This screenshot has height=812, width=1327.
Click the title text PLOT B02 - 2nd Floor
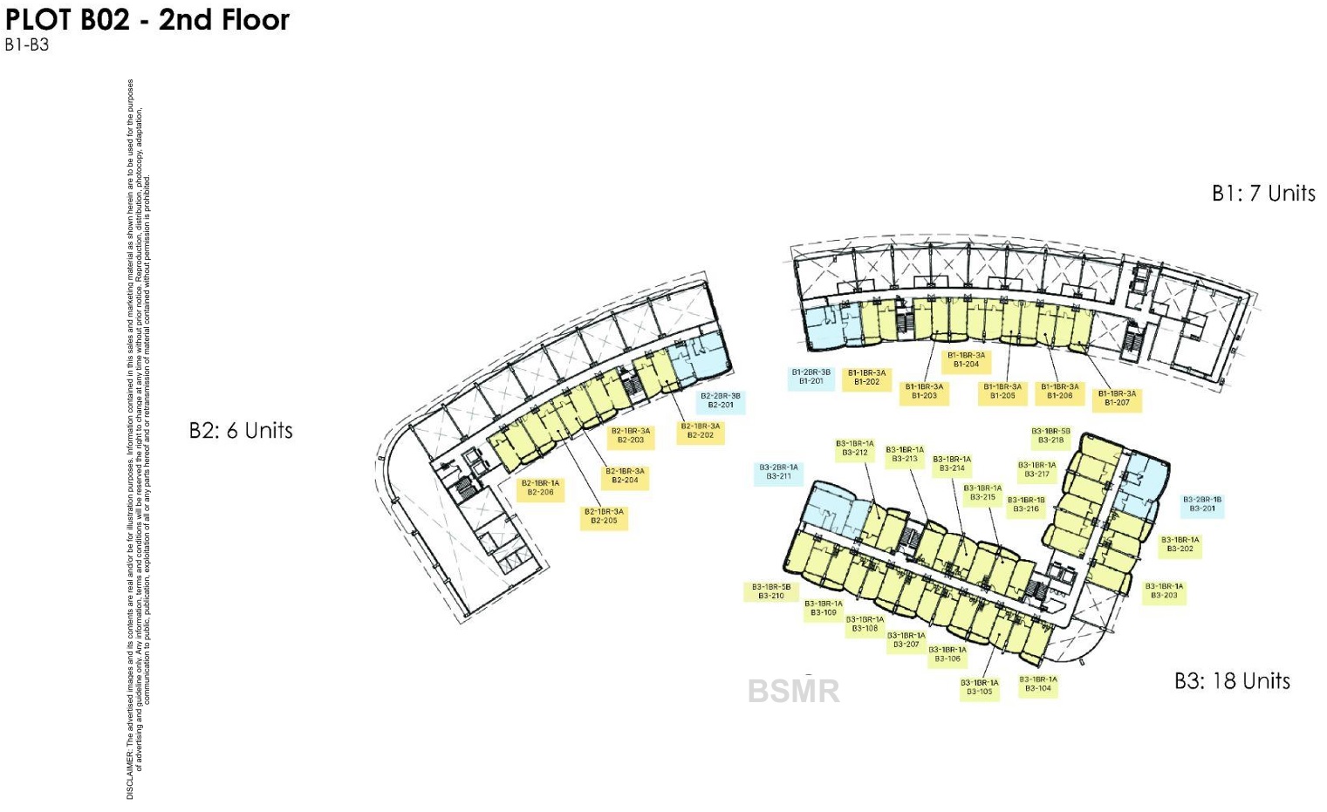pos(147,20)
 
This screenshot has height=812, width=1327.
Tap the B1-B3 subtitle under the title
pos(27,45)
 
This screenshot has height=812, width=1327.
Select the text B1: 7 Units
pos(1262,194)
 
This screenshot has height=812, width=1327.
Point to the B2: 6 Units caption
pos(241,431)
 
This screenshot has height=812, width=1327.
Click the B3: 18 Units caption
pos(1232,681)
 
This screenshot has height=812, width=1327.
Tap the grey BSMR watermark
pos(793,692)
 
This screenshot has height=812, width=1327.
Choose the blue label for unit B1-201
pos(811,377)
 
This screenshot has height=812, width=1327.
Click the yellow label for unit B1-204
pos(966,360)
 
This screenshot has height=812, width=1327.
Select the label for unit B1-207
pos(1117,399)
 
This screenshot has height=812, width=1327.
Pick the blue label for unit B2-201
pos(721,400)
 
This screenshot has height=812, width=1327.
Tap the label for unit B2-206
pos(540,488)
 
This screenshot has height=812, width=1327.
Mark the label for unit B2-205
pos(604,516)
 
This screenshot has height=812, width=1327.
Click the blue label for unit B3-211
pos(778,472)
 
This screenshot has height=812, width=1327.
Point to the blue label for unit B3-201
pos(1202,504)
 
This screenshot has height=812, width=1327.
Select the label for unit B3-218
pos(1050,436)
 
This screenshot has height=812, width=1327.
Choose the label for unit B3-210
pos(771,591)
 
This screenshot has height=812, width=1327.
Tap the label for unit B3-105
pos(979,688)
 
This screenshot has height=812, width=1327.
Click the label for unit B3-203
pos(1164,591)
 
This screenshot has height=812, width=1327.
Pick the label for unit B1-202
pos(866,378)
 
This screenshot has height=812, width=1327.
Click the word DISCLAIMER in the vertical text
pos(131,773)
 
